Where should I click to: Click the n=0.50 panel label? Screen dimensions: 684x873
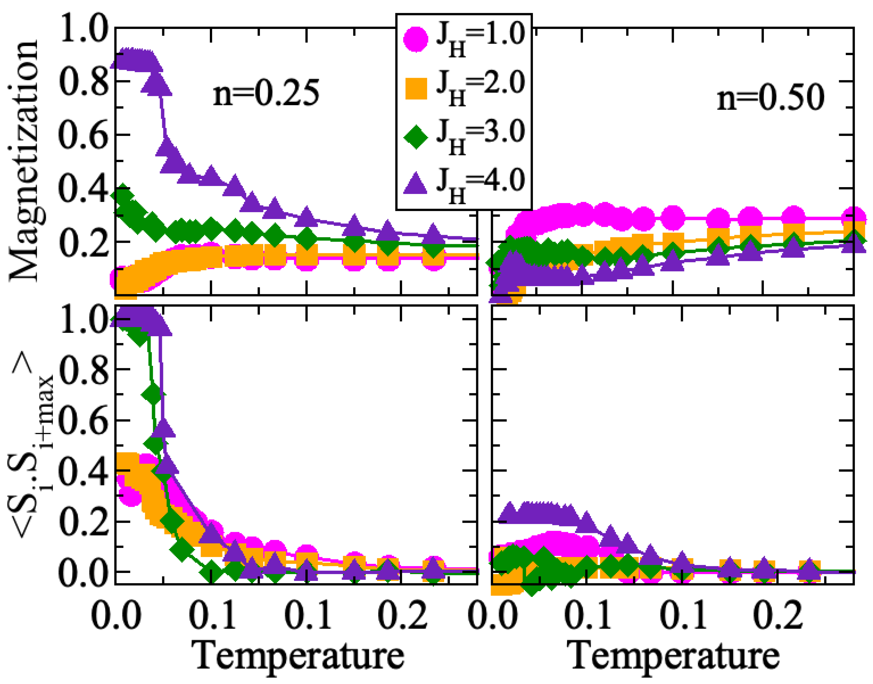click(x=770, y=98)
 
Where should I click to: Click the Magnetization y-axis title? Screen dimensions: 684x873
click(x=24, y=160)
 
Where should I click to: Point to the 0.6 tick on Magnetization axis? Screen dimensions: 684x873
click(x=83, y=135)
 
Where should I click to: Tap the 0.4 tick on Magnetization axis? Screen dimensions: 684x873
click(x=83, y=188)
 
